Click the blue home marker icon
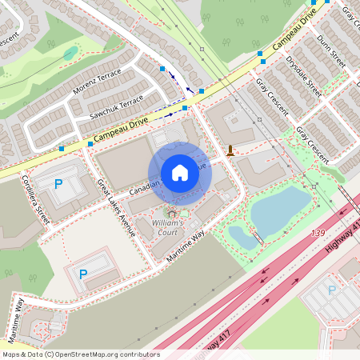click(x=180, y=173)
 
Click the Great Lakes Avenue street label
click(x=116, y=207)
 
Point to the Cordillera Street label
click(x=35, y=199)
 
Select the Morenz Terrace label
click(x=97, y=82)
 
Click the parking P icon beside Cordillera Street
click(x=58, y=184)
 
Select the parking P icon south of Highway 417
click(x=332, y=290)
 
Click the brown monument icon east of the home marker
click(x=230, y=150)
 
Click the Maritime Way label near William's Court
click(x=186, y=246)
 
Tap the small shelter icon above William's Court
click(x=170, y=214)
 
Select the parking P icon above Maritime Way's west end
click(x=82, y=274)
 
